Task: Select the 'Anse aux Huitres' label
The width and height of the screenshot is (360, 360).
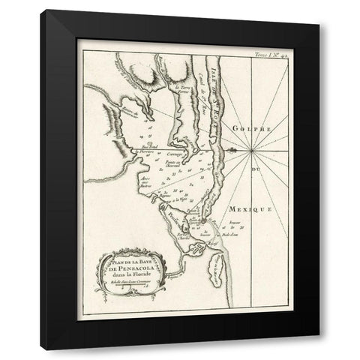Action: pos(145,182)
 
